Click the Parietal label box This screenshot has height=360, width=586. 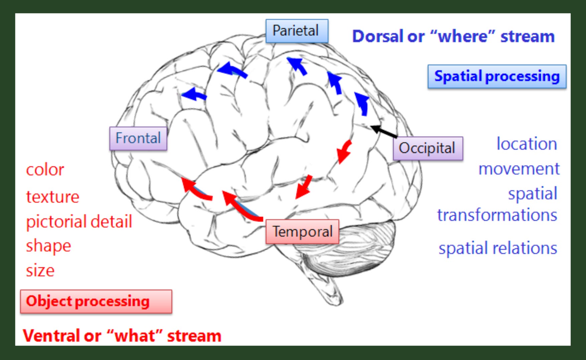pyautogui.click(x=297, y=31)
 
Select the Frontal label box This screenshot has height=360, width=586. pyautogui.click(x=138, y=138)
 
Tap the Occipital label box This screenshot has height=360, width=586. pyautogui.click(x=427, y=148)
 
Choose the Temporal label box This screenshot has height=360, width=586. pyautogui.click(x=302, y=231)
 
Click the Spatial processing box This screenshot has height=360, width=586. pyautogui.click(x=496, y=76)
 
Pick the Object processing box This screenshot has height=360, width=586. pyautogui.click(x=96, y=301)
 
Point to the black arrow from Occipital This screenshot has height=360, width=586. pyautogui.click(x=384, y=131)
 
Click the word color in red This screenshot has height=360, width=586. pyautogui.click(x=45, y=170)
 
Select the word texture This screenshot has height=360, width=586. pyautogui.click(x=52, y=197)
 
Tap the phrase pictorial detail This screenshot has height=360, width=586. pyautogui.click(x=79, y=222)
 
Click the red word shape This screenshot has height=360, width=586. pyautogui.click(x=48, y=246)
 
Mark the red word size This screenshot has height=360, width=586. pyautogui.click(x=40, y=270)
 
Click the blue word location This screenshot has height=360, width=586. pyautogui.click(x=527, y=144)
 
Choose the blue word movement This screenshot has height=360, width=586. pyautogui.click(x=519, y=169)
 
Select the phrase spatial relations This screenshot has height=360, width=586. pyautogui.click(x=497, y=248)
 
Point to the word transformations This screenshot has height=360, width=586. pyautogui.click(x=497, y=215)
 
